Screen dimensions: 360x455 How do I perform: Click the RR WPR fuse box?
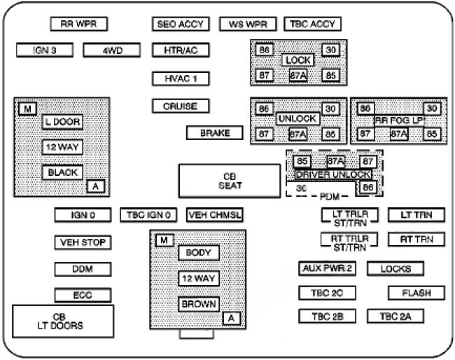click(78, 24)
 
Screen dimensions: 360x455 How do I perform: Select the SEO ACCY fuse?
click(181, 24)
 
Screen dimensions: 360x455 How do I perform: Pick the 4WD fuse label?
click(113, 50)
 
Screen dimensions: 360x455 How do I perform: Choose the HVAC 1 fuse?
click(181, 78)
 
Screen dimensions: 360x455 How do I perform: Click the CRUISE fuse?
click(181, 106)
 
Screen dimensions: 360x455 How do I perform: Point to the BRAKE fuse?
click(214, 133)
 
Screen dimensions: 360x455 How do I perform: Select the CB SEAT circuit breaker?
click(229, 181)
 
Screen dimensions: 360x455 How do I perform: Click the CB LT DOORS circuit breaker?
click(63, 321)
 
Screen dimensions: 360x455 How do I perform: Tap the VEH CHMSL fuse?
click(214, 215)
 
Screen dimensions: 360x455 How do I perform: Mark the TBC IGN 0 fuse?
click(150, 215)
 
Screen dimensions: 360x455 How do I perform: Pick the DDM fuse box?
click(83, 269)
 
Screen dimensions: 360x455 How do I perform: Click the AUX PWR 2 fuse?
click(327, 268)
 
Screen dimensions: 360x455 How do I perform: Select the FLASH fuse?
click(416, 293)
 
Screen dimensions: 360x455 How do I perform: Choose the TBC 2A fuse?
click(395, 317)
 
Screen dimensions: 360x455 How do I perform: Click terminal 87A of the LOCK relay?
click(298, 76)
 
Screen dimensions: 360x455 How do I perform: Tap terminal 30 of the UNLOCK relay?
click(331, 109)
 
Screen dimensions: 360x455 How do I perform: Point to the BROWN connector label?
click(199, 305)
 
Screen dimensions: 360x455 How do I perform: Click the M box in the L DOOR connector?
click(27, 109)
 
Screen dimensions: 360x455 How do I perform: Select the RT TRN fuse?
click(416, 240)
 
